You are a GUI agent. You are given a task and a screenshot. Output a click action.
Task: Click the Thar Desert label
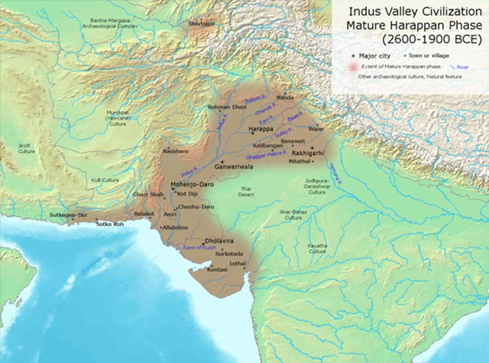246,192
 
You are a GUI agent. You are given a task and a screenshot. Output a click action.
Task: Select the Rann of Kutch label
196,248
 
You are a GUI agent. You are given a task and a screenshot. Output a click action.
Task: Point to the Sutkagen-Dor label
68,215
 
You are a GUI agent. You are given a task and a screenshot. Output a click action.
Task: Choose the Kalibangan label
266,147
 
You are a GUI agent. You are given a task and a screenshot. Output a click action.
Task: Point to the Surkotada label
229,255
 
